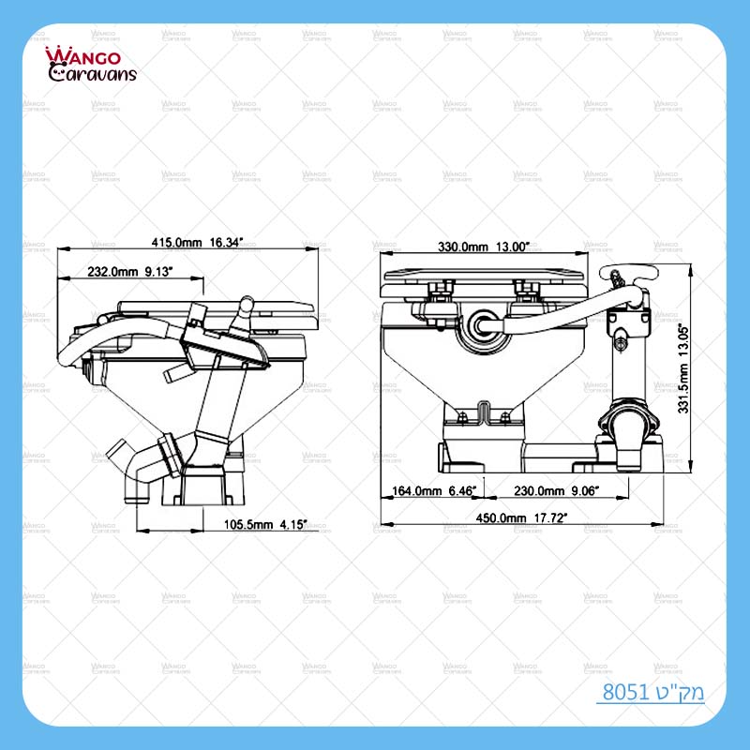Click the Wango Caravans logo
[x=90, y=64]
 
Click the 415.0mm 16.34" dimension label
[x=197, y=242]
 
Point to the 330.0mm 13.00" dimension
[x=484, y=247]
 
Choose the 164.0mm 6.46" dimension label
[x=434, y=489]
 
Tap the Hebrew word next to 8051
[x=679, y=694]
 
